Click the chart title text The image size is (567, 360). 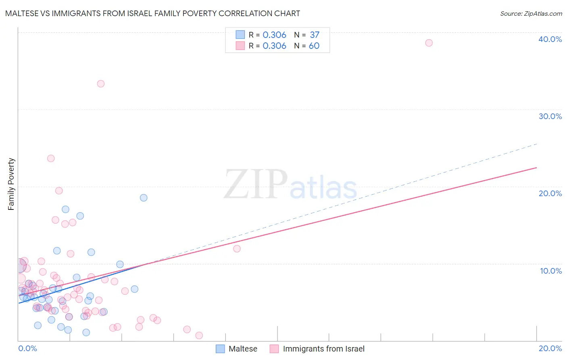[152, 13]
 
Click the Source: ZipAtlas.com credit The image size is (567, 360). [531, 13]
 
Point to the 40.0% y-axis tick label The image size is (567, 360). [550, 39]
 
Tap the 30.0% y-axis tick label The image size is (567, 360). [550, 116]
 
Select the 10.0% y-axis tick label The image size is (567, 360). [550, 271]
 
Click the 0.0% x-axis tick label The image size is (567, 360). [27, 348]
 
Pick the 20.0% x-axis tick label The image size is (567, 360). [550, 348]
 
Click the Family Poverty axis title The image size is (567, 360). [11, 184]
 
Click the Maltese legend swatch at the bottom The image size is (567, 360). [220, 349]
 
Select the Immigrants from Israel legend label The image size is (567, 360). [323, 349]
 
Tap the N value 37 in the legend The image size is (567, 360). [315, 35]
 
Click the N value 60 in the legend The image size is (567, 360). [314, 46]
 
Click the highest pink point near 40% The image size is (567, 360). [429, 43]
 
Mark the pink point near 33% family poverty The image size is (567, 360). [101, 84]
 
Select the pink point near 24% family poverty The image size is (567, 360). [51, 158]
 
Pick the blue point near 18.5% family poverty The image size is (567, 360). [144, 198]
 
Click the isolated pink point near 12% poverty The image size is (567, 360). [237, 249]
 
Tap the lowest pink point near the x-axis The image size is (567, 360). [199, 335]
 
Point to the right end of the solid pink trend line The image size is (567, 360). [536, 167]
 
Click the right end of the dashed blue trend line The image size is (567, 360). [536, 144]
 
